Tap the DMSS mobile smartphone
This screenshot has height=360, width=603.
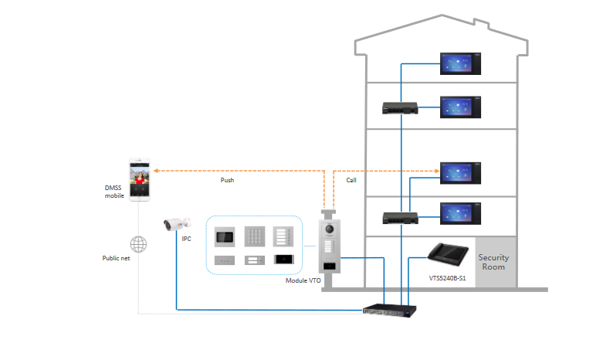pos(141,180)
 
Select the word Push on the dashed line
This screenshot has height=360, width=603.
pos(227,180)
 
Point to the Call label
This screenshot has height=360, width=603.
pos(351,180)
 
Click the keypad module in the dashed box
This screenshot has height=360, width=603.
pos(256,236)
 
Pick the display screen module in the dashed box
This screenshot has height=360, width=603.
pos(225,236)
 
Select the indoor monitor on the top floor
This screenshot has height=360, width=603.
pos(462,63)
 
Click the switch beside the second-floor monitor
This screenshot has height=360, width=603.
pos(400,109)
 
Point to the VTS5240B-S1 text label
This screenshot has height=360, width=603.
pos(447,277)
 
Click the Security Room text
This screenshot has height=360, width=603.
pos(494,262)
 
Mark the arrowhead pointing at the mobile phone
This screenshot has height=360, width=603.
pos(154,169)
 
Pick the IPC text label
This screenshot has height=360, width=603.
pos(186,239)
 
